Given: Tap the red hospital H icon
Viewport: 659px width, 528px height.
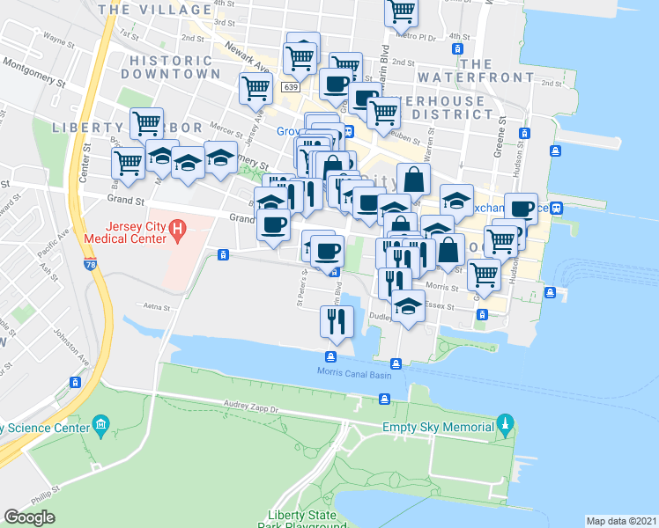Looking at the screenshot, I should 178,231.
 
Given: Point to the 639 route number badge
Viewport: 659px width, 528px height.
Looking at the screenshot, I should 291,88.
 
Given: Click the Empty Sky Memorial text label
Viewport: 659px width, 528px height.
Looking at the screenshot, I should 438,428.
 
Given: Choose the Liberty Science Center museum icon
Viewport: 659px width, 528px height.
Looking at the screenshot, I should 100,427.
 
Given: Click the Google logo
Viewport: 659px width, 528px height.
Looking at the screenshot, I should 29,517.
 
